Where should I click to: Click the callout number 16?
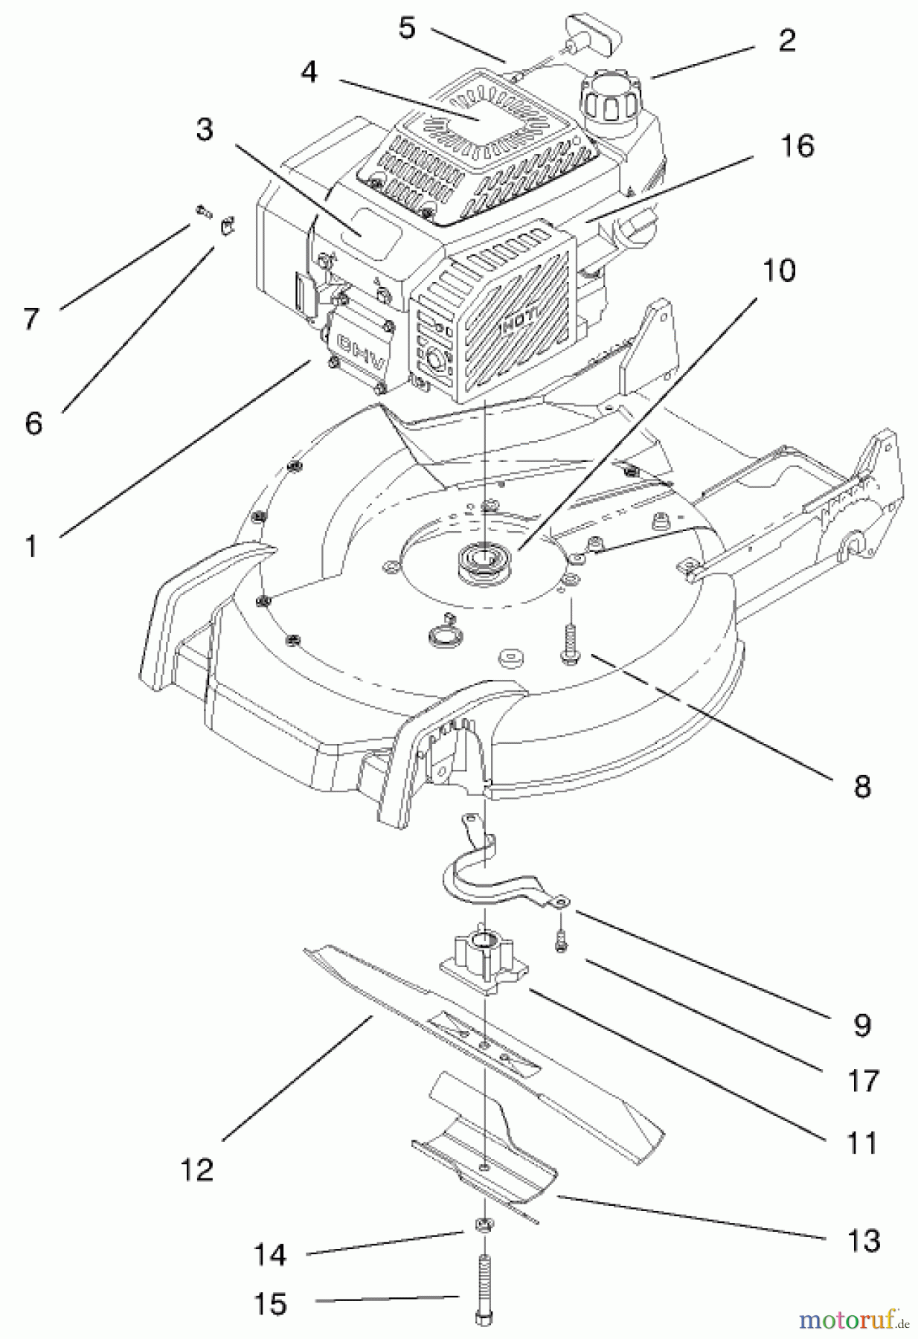click(x=797, y=146)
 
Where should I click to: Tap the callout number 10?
click(x=778, y=270)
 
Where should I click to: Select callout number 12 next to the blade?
click(x=196, y=1169)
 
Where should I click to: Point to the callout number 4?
click(x=309, y=72)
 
